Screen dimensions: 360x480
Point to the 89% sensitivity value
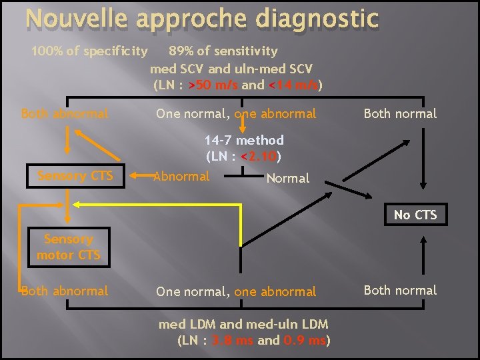[x=179, y=51]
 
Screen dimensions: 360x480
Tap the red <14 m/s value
[x=293, y=85]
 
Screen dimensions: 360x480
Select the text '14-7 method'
[x=244, y=140]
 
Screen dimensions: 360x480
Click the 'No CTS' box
[x=415, y=214]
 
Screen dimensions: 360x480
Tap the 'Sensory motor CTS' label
[x=69, y=247]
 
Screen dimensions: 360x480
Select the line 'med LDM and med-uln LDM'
[x=243, y=325]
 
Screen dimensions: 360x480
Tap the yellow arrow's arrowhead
[x=77, y=203]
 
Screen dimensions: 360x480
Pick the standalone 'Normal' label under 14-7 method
[x=287, y=178]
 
